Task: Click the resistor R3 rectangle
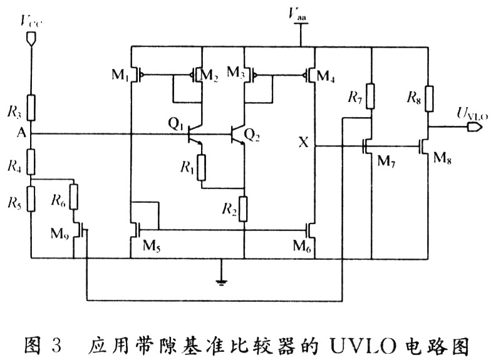(31, 108)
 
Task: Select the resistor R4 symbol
(31, 162)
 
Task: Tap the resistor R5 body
(31, 198)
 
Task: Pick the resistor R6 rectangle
(73, 197)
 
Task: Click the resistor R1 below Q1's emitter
(202, 168)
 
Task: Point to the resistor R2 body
(243, 208)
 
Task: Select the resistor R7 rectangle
(371, 96)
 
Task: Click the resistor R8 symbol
(428, 98)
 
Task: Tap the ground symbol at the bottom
(221, 282)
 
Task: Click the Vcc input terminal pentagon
(31, 38)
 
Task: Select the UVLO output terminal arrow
(475, 127)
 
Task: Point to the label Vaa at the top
(297, 14)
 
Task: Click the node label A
(21, 133)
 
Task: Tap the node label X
(303, 143)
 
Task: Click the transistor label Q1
(175, 124)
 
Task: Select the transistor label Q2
(252, 135)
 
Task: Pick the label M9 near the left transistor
(59, 234)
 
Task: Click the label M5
(152, 246)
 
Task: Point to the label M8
(442, 157)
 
